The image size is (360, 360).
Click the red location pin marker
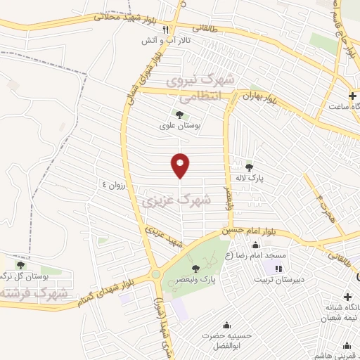[181, 165]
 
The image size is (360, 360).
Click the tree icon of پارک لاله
[249, 167]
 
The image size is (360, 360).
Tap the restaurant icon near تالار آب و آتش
[166, 30]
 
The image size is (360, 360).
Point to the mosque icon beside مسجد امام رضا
[255, 245]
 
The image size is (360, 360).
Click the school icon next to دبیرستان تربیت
[279, 268]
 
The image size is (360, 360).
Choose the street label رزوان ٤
[115, 184]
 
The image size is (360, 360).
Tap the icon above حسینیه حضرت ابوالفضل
[226, 325]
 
